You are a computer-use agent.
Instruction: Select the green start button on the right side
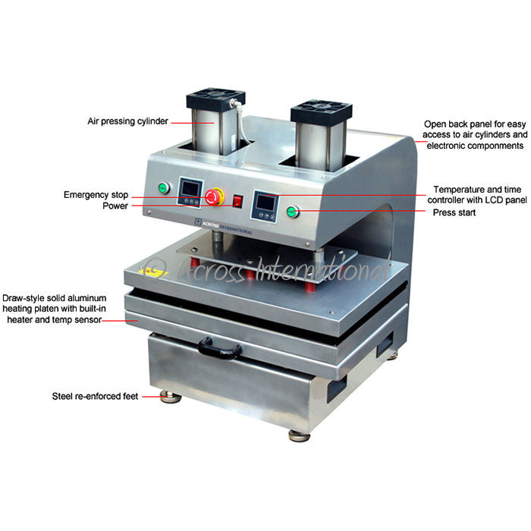(x=292, y=211)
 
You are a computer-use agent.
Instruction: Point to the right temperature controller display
(x=265, y=203)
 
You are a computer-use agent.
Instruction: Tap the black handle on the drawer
(x=220, y=349)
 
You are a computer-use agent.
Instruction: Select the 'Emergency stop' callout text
(x=96, y=195)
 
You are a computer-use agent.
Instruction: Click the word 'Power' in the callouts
(x=115, y=206)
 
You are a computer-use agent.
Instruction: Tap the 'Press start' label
(x=454, y=213)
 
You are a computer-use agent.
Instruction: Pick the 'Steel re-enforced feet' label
(x=96, y=395)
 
